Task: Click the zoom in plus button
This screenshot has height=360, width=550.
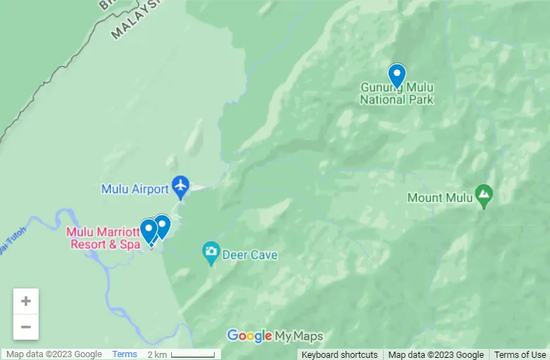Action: [26, 301]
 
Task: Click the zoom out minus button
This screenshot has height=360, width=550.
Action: [26, 326]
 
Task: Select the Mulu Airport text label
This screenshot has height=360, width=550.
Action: [135, 189]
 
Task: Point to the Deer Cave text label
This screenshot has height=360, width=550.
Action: [250, 255]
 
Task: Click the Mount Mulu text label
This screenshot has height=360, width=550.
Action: [435, 198]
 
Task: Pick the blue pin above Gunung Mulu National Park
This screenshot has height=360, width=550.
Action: [397, 74]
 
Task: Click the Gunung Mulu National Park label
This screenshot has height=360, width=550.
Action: [397, 93]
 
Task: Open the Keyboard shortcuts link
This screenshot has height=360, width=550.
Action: [340, 354]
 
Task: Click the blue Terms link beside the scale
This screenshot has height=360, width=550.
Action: [125, 354]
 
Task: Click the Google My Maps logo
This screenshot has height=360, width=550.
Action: [275, 336]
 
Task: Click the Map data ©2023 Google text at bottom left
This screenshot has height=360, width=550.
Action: [54, 354]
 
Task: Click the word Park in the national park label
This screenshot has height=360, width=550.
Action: [420, 99]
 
